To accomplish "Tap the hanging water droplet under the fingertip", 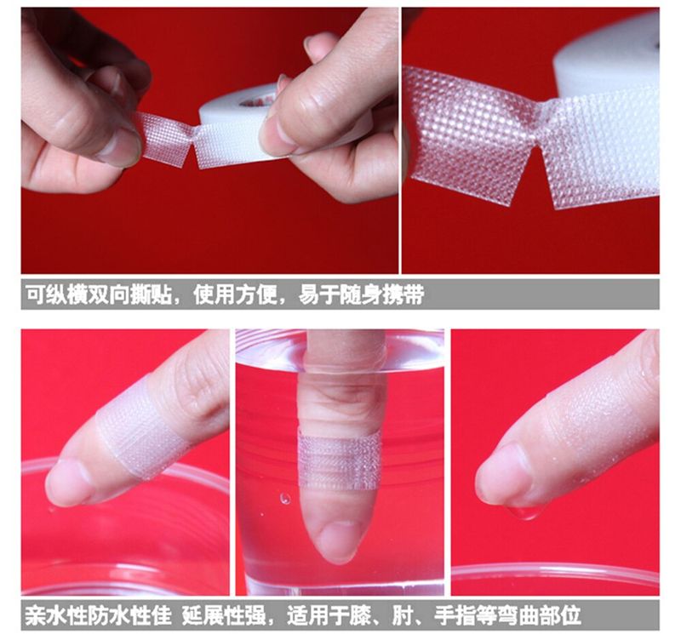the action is pyautogui.click(x=525, y=514).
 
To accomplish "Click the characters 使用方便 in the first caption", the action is pyautogui.click(x=235, y=294).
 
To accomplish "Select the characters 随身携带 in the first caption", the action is pyautogui.click(x=381, y=294).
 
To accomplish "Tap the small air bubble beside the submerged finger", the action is pyautogui.click(x=285, y=498).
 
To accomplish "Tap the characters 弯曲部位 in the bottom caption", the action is pyautogui.click(x=540, y=615).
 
